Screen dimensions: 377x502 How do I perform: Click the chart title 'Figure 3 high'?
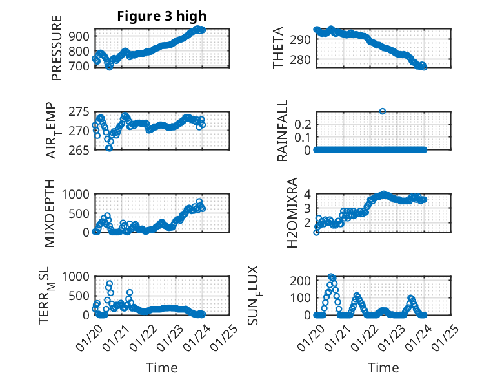tap(161, 17)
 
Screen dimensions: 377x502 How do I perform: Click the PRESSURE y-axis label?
tap(57, 49)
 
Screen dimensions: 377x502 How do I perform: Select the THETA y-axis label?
tap(278, 48)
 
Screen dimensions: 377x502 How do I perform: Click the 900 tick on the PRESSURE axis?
tap(81, 35)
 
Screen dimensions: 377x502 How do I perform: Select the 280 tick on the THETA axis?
tap(303, 59)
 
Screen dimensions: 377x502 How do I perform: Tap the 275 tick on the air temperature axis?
tap(81, 112)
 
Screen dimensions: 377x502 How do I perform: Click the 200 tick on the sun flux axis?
tap(303, 280)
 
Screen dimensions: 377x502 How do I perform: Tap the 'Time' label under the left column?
tap(161, 368)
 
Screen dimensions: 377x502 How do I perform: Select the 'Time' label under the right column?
tap(383, 368)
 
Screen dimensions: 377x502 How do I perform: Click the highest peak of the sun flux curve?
tap(332, 277)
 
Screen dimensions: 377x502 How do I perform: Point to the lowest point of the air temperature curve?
tap(109, 148)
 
